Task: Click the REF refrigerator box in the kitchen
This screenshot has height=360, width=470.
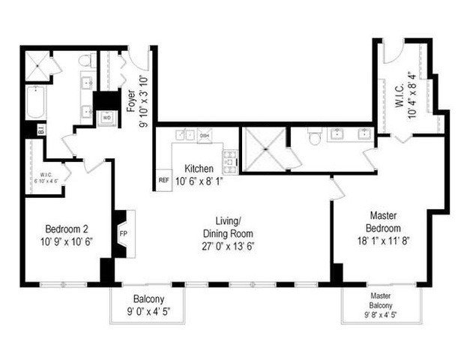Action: (163, 181)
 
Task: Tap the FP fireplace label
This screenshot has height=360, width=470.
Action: (124, 232)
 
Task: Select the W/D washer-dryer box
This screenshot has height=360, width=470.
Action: (106, 118)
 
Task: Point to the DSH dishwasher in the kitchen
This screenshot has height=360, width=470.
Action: (205, 135)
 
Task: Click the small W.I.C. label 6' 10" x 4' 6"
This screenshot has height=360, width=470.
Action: (45, 181)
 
